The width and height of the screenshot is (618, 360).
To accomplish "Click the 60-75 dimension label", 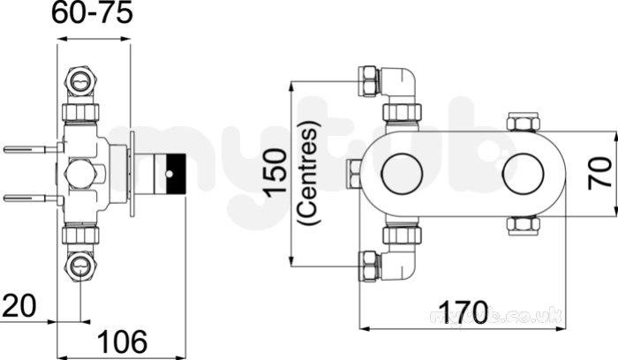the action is click(92, 14).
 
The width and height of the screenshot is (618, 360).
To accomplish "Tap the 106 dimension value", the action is click(123, 341).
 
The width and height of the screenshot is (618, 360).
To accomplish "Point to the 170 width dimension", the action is click(463, 312).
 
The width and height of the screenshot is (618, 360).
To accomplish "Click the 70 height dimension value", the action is click(599, 173).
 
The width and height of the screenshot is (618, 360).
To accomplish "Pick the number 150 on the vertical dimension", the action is click(275, 173).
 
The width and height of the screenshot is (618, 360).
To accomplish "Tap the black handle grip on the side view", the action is click(177, 173).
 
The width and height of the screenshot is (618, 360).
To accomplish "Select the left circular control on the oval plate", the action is click(402, 173).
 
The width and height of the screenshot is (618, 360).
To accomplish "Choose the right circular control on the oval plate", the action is click(523, 173).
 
